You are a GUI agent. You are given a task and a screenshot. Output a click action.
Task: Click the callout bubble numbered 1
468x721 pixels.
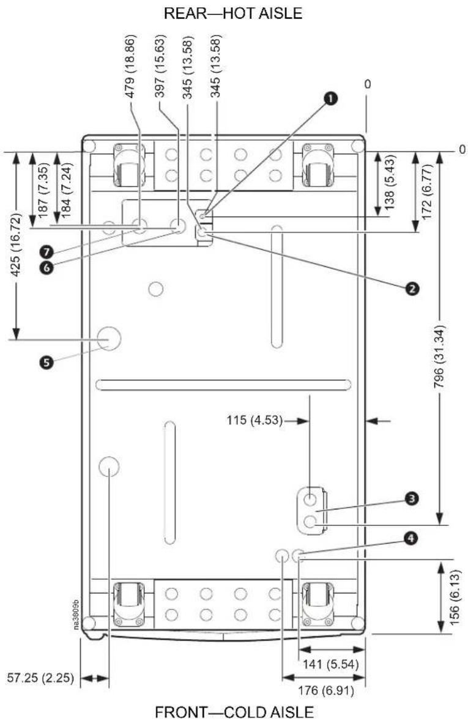click(x=330, y=98)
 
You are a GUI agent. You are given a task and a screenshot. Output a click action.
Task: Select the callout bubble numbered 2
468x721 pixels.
click(x=411, y=288)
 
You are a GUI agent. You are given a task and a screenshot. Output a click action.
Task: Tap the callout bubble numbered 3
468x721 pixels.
click(x=411, y=498)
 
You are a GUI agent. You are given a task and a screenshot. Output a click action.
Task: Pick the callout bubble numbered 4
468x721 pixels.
click(x=411, y=538)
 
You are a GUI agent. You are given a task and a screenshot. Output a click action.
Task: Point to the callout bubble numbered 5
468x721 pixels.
click(x=46, y=363)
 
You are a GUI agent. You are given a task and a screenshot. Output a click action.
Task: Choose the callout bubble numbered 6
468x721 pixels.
click(x=46, y=267)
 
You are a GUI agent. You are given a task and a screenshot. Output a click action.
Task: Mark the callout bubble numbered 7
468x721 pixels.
click(x=46, y=251)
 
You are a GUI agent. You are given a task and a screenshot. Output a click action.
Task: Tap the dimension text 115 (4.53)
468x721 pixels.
click(x=254, y=420)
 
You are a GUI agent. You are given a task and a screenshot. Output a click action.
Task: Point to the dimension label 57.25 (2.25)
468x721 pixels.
click(x=40, y=678)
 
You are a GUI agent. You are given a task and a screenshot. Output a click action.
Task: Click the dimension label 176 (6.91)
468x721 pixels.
click(x=326, y=690)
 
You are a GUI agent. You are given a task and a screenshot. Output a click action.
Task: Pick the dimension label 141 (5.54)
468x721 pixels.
click(x=330, y=664)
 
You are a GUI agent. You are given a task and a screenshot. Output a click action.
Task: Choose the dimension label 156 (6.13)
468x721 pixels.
click(x=454, y=597)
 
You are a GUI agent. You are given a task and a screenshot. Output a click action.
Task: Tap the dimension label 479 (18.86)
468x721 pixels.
click(x=130, y=66)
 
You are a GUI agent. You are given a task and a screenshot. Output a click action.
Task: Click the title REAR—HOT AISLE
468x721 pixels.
click(x=233, y=13)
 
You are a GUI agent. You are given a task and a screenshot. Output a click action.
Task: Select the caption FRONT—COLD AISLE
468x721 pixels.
click(x=235, y=712)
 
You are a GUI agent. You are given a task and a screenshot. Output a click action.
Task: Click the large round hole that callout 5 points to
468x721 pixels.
click(x=109, y=338)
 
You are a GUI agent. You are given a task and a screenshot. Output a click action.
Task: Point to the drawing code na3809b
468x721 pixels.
click(x=76, y=615)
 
